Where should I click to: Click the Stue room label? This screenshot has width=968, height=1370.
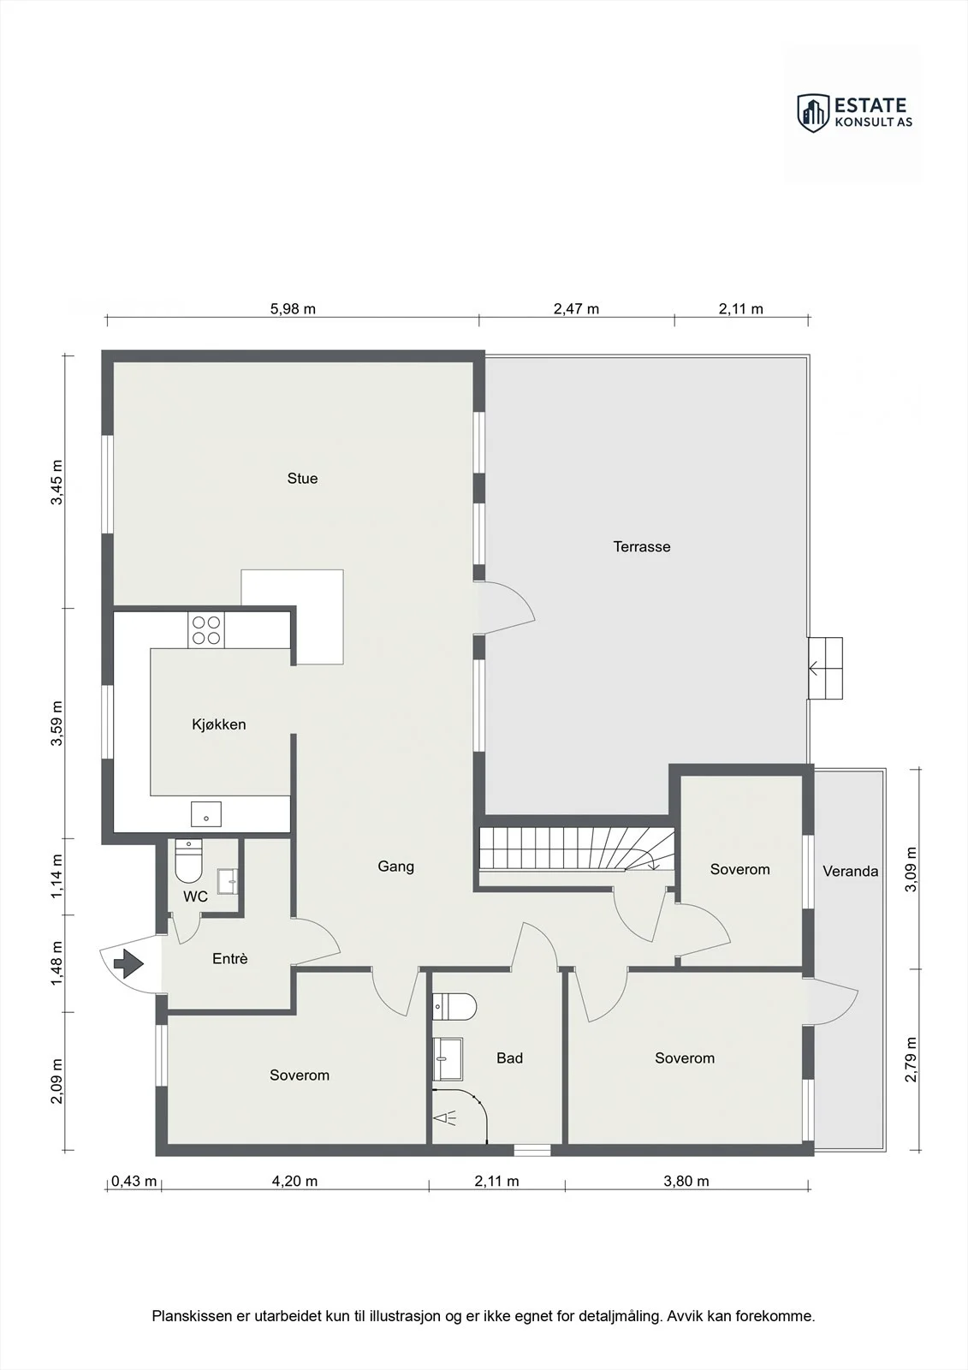click(302, 479)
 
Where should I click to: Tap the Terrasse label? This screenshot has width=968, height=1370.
click(641, 547)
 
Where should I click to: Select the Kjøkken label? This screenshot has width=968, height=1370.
click(219, 724)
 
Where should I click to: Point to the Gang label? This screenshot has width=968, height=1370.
click(395, 867)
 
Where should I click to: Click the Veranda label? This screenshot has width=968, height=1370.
click(850, 872)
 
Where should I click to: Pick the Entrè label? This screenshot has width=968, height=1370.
click(230, 959)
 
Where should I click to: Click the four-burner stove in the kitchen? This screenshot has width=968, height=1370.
click(206, 630)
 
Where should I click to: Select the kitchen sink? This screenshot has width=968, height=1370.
click(206, 814)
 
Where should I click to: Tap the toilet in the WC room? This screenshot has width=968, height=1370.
click(188, 860)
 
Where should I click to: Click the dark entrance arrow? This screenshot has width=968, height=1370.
click(128, 963)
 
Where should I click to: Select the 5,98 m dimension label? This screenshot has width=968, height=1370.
click(293, 309)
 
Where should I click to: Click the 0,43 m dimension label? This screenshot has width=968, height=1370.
click(134, 1181)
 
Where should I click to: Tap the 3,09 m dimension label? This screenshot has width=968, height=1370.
click(912, 869)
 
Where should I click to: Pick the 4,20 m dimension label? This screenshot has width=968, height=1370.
click(294, 1181)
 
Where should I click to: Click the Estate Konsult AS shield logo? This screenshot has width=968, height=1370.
click(813, 113)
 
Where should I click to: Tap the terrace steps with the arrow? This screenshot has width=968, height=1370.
click(826, 668)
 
